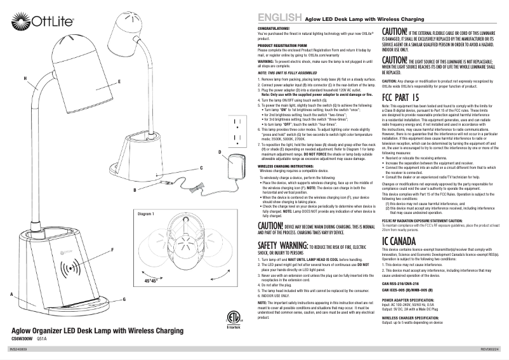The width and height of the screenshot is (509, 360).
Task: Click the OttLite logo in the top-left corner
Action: pos(31,15)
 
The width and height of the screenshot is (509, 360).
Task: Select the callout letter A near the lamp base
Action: pos(11,293)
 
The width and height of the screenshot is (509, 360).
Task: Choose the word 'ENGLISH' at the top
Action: pos(278,18)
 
